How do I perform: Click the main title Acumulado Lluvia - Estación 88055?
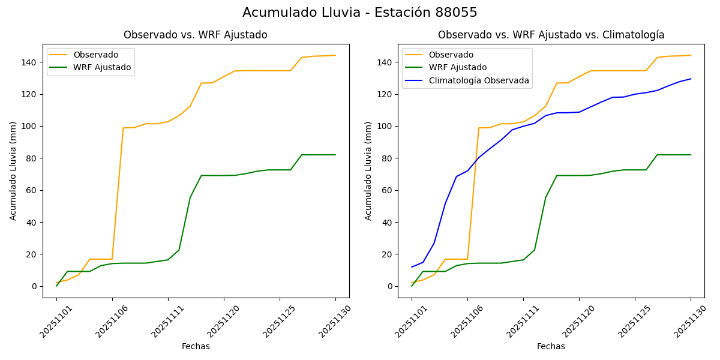pyautogui.click(x=360, y=13)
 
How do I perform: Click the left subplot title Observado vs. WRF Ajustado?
pyautogui.click(x=195, y=35)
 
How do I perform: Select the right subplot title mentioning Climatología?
pyautogui.click(x=551, y=35)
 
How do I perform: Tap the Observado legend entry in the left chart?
pyautogui.click(x=95, y=55)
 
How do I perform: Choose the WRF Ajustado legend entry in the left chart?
pyautogui.click(x=102, y=68)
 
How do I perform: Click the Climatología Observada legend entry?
pyautogui.click(x=478, y=80)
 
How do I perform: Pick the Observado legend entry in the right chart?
pyautogui.click(x=451, y=55)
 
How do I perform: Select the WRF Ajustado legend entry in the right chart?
pyautogui.click(x=457, y=68)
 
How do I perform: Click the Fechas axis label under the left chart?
pyautogui.click(x=196, y=347)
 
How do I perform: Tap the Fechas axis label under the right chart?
pyautogui.click(x=551, y=347)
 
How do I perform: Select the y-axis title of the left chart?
pyautogui.click(x=13, y=171)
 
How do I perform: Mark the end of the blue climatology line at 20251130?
pyautogui.click(x=691, y=79)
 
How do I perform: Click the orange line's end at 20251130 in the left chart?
pyautogui.click(x=335, y=55)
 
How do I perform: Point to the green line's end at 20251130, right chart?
pyautogui.click(x=691, y=155)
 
